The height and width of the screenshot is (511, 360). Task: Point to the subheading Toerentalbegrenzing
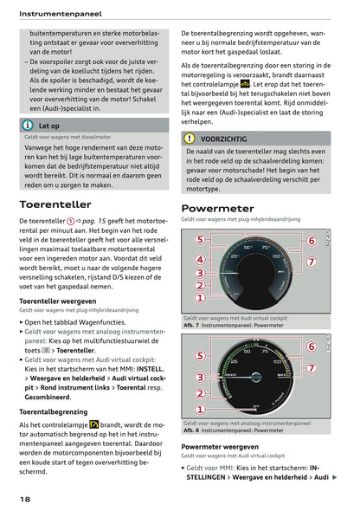coord(57,411)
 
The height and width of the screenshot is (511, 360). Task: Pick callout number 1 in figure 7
coord(199,298)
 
